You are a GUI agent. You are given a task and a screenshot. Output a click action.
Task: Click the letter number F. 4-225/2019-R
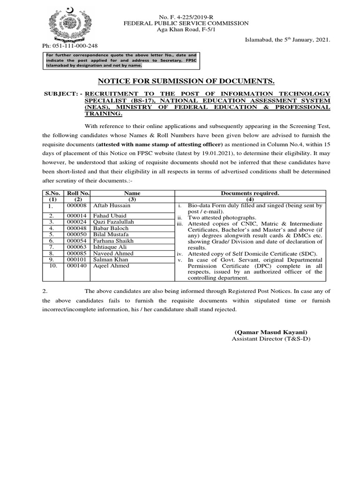(186, 16)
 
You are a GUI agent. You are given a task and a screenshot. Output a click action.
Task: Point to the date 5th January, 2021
(287, 40)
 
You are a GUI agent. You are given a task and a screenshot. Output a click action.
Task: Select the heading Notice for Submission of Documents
(186, 81)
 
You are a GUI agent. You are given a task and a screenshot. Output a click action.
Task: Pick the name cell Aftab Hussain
(112, 205)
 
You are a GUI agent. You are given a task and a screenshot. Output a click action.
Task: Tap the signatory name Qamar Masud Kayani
(271, 332)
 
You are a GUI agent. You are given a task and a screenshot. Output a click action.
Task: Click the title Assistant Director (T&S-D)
(271, 339)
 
